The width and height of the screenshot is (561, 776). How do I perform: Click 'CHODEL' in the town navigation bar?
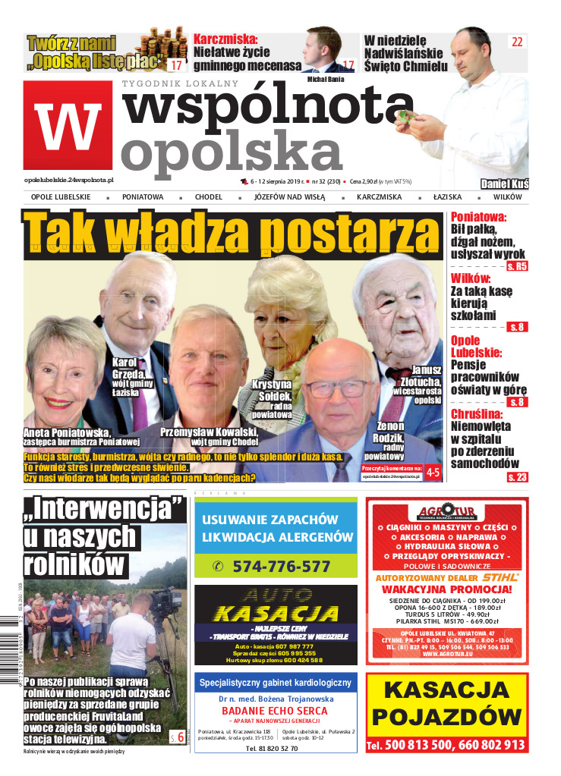coord(208,197)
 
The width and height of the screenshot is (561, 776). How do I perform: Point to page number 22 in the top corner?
coord(517,42)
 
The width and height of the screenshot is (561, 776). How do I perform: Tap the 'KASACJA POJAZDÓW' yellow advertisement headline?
coord(446,702)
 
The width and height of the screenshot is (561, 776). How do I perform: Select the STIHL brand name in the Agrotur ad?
coord(498,577)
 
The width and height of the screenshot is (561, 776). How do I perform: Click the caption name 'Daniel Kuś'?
coord(504,184)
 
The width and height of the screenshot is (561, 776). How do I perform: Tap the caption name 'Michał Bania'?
coord(326,78)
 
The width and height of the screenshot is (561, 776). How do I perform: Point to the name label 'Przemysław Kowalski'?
coord(209,432)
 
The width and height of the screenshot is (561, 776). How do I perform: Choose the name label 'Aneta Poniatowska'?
coord(67,432)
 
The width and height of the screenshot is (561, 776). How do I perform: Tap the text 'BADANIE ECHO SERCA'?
coord(275,710)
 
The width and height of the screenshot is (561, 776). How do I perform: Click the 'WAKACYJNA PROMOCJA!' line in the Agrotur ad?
coord(446,589)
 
